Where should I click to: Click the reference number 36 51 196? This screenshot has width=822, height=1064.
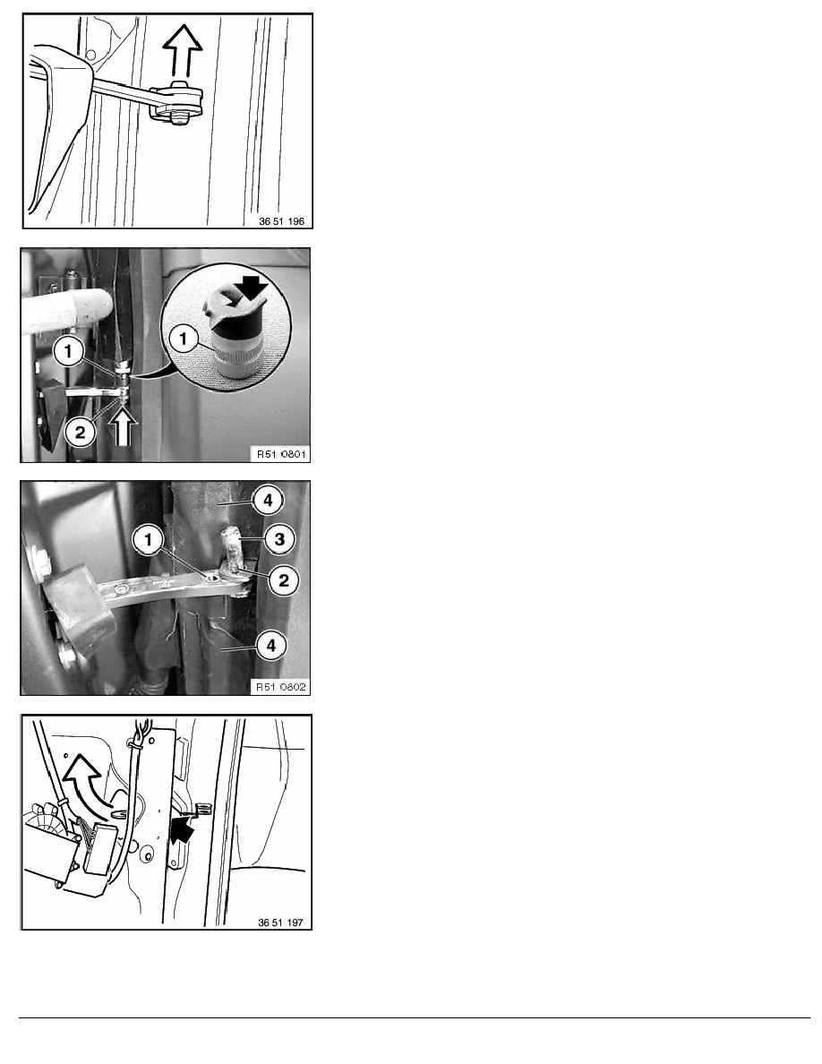click(281, 221)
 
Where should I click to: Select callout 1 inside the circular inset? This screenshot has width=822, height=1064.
click(184, 338)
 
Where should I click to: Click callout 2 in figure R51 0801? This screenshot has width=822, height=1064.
click(81, 432)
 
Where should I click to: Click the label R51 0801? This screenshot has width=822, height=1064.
click(281, 454)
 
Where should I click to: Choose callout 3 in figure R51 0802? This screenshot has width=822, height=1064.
click(279, 539)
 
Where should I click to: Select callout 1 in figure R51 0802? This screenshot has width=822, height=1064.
click(149, 540)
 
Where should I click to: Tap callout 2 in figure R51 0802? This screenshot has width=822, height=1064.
click(284, 580)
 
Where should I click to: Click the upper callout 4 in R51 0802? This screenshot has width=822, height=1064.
click(268, 500)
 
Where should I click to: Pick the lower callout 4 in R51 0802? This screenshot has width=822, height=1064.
click(271, 646)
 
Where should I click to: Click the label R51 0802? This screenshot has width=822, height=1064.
click(281, 687)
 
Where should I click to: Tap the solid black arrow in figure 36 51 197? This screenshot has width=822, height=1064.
click(181, 828)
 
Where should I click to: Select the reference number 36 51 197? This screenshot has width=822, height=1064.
click(281, 922)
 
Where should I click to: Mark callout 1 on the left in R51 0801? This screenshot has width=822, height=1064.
click(68, 351)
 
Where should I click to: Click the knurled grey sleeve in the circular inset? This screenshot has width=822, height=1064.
click(235, 349)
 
